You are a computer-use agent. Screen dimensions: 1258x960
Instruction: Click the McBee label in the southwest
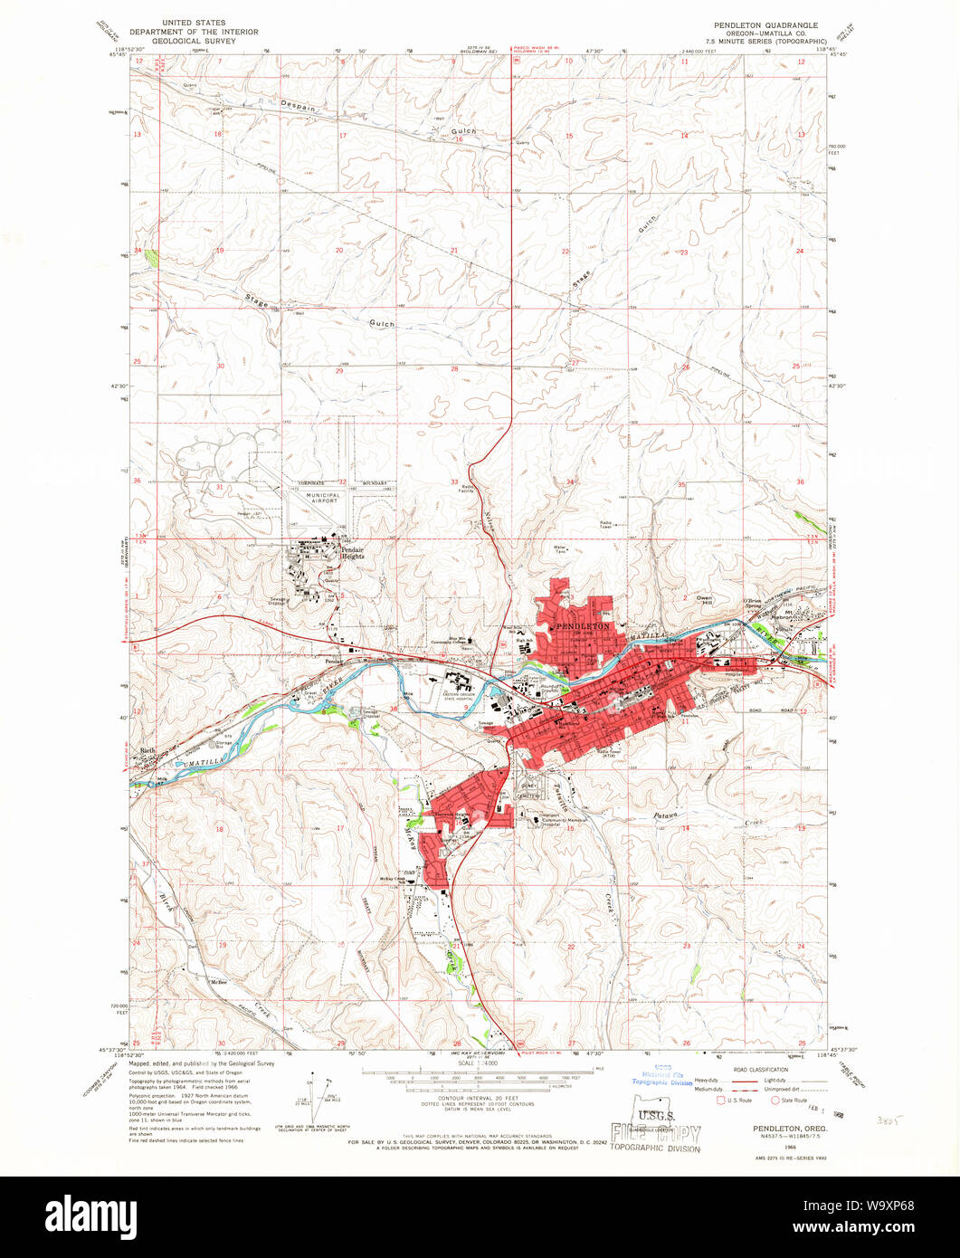[217, 982]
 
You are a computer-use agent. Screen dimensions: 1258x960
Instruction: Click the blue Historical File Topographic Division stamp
[661, 1077]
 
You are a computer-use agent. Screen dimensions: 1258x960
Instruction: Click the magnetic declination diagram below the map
[319, 1092]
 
